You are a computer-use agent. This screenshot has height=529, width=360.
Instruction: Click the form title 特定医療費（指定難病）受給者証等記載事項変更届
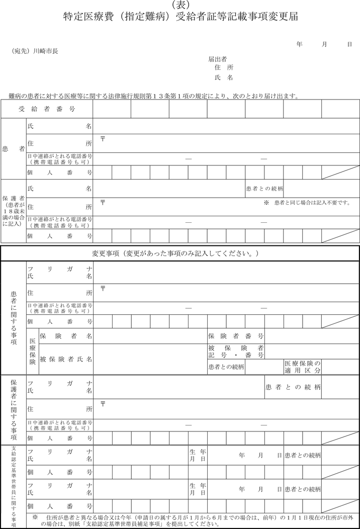[181, 17]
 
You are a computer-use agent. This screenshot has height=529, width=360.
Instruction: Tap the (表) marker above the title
[181, 5]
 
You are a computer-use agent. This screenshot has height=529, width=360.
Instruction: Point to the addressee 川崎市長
[45, 51]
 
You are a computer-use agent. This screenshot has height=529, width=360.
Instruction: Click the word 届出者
[218, 59]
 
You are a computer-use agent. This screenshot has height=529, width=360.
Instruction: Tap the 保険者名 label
[66, 335]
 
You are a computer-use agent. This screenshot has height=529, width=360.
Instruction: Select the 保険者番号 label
[236, 335]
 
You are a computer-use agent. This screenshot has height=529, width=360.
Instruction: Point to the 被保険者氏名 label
[66, 359]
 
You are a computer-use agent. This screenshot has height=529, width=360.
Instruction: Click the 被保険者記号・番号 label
[236, 351]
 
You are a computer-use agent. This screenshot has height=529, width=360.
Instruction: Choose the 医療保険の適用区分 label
[303, 367]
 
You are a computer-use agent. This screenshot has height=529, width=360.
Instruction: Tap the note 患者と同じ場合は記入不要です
[307, 203]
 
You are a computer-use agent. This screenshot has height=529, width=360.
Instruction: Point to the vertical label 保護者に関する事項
[14, 409]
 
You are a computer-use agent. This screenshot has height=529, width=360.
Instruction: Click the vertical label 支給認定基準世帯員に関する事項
[14, 486]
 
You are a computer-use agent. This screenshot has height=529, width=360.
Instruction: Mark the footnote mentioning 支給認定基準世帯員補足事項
[196, 520]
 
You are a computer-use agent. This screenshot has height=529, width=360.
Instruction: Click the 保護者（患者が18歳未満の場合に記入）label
[14, 211]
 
